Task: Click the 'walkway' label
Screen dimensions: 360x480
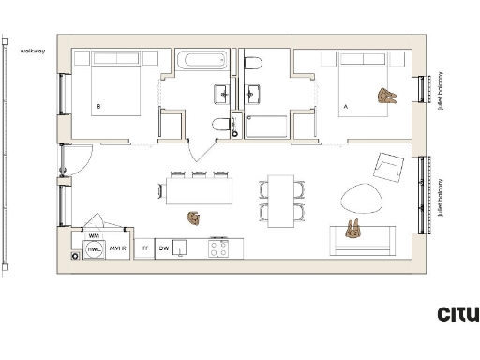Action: (32, 50)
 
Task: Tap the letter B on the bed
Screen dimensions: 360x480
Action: (98, 106)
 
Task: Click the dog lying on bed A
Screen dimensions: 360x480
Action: (386, 95)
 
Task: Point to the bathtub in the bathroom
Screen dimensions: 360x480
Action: (202, 63)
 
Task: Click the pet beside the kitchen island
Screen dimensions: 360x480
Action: (194, 217)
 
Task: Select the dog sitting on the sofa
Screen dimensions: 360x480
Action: (353, 229)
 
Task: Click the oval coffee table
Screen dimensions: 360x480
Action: (361, 197)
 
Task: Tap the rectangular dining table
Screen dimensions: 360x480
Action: (281, 201)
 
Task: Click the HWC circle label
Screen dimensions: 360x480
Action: (94, 250)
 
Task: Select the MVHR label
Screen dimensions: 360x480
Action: (117, 249)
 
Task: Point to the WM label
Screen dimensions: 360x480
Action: (94, 236)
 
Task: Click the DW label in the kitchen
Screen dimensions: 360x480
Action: (163, 249)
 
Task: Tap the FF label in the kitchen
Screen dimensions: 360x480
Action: (144, 249)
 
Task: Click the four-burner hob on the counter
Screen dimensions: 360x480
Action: (218, 248)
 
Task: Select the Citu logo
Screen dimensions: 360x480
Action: (458, 314)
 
